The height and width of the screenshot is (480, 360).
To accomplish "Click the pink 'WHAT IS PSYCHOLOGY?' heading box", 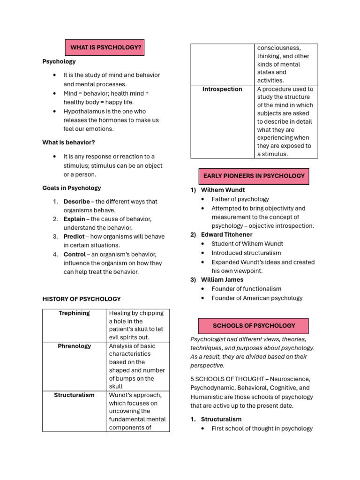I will click(x=105, y=47).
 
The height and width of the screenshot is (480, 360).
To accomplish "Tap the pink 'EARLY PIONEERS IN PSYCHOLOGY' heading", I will click(x=254, y=176).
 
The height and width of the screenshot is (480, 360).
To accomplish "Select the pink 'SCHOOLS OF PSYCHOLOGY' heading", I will click(x=254, y=325).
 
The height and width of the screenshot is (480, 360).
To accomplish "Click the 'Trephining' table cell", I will click(x=74, y=313).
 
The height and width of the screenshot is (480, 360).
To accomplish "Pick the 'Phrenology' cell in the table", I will click(x=74, y=346).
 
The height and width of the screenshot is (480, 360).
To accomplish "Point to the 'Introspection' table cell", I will click(x=222, y=89).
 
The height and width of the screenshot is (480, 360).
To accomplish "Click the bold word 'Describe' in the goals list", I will click(x=76, y=202).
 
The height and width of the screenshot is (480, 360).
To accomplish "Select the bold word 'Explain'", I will click(x=75, y=219).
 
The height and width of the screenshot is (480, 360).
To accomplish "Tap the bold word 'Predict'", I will click(x=74, y=236).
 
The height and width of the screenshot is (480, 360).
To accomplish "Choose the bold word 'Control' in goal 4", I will click(x=75, y=254).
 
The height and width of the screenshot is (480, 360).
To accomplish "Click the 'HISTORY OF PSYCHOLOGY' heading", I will click(x=82, y=299).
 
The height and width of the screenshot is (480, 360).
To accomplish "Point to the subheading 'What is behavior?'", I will click(x=68, y=142).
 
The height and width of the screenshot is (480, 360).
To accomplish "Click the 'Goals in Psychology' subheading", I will click(x=72, y=188).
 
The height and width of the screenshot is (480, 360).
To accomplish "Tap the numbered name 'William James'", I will click(x=222, y=279).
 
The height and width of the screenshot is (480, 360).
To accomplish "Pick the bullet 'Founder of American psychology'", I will click(x=257, y=298).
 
